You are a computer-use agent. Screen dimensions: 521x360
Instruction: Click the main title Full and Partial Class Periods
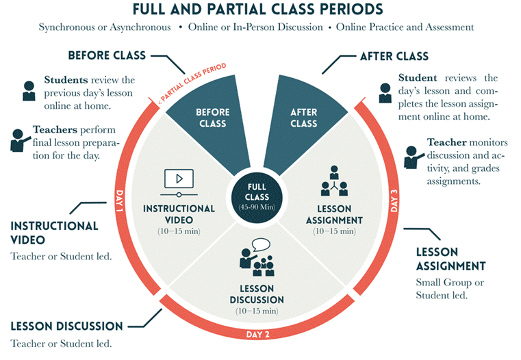[258, 10]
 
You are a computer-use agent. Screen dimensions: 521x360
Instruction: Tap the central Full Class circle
[257, 198]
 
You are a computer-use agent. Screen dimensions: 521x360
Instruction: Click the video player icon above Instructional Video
[179, 183]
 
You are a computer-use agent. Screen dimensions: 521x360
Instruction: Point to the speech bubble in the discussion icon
[261, 245]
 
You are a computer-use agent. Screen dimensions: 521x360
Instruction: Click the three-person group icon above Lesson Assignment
[334, 181]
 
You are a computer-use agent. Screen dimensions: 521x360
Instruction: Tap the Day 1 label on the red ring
[119, 201]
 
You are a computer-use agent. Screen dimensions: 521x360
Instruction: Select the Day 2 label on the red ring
[258, 334]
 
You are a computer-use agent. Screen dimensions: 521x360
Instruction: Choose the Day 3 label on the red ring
[394, 201]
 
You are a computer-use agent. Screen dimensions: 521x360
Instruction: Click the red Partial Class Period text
[192, 83]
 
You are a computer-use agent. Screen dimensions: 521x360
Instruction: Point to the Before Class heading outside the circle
[107, 55]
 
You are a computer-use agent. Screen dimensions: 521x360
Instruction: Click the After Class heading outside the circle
[394, 56]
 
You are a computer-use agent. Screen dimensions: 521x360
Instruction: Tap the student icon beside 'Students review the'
[29, 90]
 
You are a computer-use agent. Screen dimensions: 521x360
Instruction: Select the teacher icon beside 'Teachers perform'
[19, 140]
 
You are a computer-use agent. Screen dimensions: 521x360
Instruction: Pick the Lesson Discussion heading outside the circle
[67, 326]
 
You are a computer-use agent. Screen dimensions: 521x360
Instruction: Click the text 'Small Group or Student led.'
[450, 289]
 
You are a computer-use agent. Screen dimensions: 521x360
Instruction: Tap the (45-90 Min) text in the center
[257, 207]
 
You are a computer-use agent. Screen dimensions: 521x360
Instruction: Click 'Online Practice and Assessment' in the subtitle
[405, 27]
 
